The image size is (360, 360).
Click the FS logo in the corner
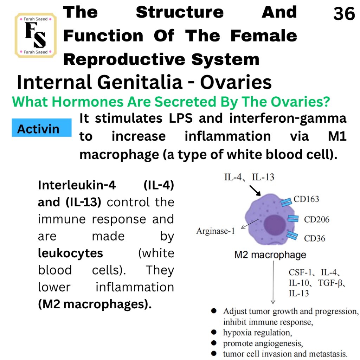36,36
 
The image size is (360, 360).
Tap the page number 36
344,14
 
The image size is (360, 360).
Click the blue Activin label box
41,128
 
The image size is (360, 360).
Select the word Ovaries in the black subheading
236,82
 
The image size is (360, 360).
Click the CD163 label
306,199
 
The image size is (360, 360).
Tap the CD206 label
317,219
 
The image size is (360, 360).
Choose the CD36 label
315,238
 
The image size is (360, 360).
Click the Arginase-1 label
216,231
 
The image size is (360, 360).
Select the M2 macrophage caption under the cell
270,255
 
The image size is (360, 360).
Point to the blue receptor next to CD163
286,202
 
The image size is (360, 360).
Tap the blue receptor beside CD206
293,219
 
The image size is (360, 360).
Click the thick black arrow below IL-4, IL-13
255,191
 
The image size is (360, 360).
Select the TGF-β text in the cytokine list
332,283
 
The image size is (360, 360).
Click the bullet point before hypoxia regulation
214,332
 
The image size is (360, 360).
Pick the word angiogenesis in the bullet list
279,343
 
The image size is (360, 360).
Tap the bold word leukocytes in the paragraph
70,253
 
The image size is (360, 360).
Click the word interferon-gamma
288,119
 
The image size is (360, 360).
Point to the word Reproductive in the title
124,59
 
